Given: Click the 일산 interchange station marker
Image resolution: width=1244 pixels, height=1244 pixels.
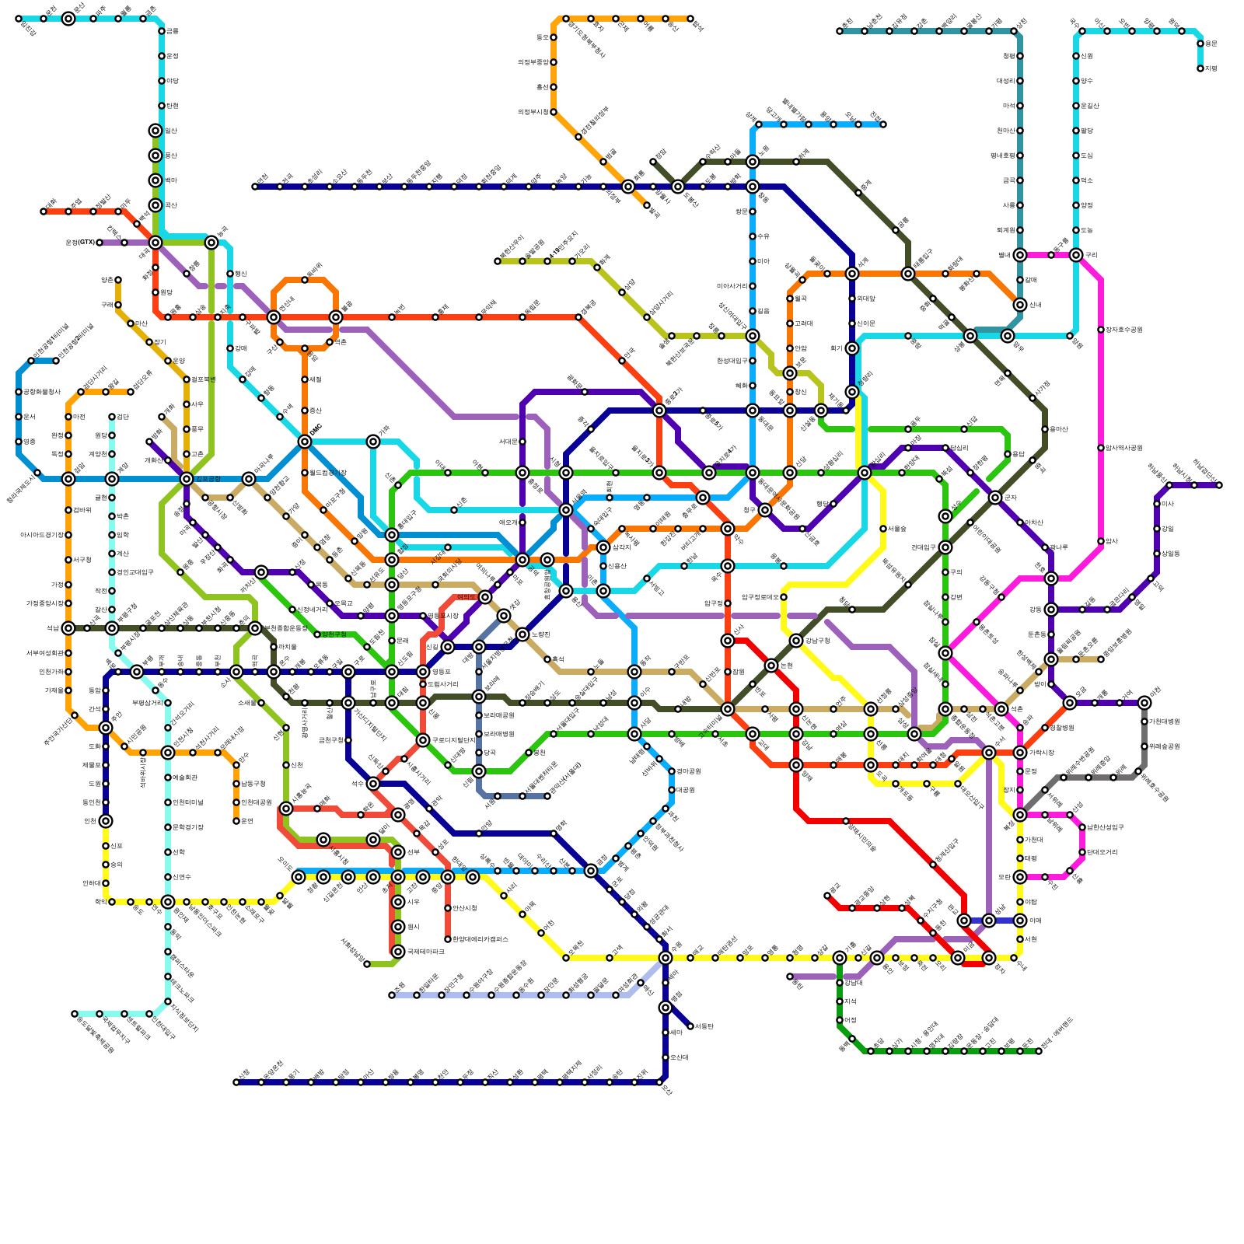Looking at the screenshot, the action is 155,131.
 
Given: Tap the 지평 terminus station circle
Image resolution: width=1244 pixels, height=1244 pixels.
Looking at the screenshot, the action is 1200,68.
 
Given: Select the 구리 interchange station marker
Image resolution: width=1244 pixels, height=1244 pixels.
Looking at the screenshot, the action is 1076,255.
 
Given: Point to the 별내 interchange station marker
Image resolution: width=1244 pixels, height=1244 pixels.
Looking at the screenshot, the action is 1020,255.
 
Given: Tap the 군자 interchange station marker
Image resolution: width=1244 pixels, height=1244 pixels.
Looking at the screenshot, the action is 995,498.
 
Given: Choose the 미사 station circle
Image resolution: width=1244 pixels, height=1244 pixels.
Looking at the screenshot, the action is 1157,504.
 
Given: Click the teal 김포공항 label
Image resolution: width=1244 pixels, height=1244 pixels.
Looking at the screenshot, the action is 207,479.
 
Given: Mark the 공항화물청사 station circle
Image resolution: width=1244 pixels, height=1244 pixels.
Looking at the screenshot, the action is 19,392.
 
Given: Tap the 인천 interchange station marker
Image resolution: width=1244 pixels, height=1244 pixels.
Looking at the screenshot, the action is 106,821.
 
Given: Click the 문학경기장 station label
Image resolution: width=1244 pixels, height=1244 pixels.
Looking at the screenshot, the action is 187,827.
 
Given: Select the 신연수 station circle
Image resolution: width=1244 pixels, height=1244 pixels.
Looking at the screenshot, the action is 168,877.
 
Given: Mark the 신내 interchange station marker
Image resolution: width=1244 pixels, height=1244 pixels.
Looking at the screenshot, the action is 1020,305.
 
